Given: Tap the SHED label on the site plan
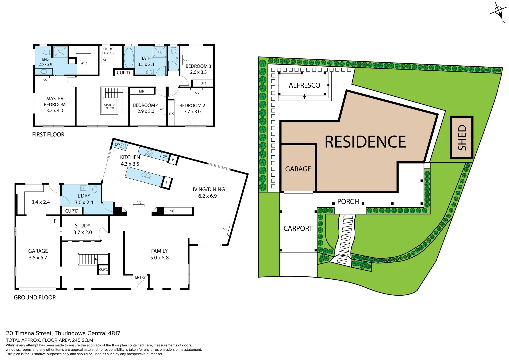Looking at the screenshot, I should pyautogui.click(x=462, y=137).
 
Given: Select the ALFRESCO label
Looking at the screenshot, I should pyautogui.click(x=304, y=85).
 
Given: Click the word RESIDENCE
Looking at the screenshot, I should pyautogui.click(x=365, y=142).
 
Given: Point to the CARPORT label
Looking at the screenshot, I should pyautogui.click(x=298, y=228).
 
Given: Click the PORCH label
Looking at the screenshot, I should pyautogui.click(x=348, y=202).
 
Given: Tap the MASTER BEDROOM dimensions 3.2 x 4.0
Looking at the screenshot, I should pyautogui.click(x=55, y=111).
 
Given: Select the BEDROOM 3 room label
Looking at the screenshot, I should pyautogui.click(x=198, y=66).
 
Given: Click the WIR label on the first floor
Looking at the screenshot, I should pyautogui.click(x=84, y=63).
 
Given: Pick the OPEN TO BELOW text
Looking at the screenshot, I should pyautogui.click(x=109, y=106).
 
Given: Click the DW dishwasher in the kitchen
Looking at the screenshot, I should pyautogui.click(x=117, y=145).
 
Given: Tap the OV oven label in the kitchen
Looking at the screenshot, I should pyautogui.click(x=165, y=156).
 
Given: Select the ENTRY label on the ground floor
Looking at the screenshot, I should pyautogui.click(x=140, y=277).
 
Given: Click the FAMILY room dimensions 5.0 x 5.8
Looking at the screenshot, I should pyautogui.click(x=159, y=258).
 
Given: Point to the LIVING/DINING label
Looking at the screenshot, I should pyautogui.click(x=207, y=189).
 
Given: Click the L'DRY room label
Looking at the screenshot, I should pyautogui.click(x=84, y=196).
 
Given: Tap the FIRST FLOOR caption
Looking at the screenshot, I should pyautogui.click(x=48, y=135).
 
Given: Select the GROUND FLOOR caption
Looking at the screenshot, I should pyautogui.click(x=35, y=297).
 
